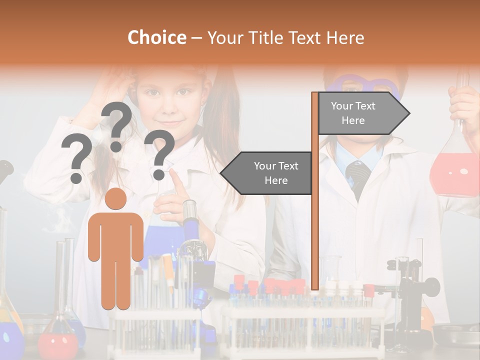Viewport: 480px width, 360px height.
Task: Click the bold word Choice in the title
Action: pos(156,38)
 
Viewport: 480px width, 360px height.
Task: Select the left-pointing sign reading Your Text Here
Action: pos(270,173)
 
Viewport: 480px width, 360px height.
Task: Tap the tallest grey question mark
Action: pos(117,125)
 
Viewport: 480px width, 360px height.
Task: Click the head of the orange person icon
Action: pos(115,199)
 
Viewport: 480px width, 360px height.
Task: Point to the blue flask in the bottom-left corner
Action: pos(10,340)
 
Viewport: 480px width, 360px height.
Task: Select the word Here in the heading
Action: pos(345,38)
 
